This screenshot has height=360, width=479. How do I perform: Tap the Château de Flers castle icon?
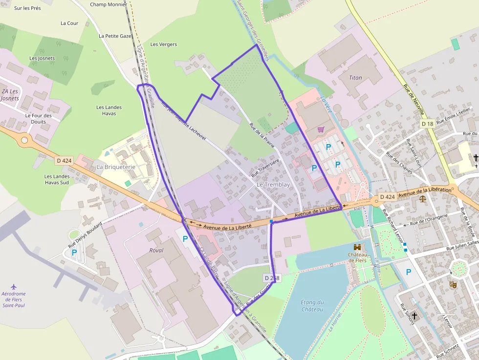pyautogui.click(x=357, y=247)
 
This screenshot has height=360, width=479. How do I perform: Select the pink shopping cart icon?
pyautogui.click(x=321, y=129)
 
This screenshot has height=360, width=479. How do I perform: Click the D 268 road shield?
pyautogui.click(x=272, y=278)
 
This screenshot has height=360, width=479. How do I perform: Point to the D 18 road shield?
pyautogui.click(x=427, y=124)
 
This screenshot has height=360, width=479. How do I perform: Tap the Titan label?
pyautogui.click(x=356, y=78)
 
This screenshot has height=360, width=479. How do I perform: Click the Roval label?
pyautogui.click(x=156, y=250)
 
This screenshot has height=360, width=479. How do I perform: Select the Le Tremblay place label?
pyautogui.click(x=273, y=185)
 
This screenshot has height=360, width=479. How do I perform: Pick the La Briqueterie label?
pyautogui.click(x=116, y=167)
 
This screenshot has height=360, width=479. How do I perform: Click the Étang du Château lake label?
pyautogui.click(x=312, y=305)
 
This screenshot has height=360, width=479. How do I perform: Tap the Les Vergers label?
pyautogui.click(x=163, y=44)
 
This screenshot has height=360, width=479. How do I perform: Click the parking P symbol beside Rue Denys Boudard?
pyautogui.click(x=74, y=253)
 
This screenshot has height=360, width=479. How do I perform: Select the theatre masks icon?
pyautogui.click(x=453, y=284)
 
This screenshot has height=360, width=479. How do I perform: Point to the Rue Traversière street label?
pyautogui.click(x=265, y=167)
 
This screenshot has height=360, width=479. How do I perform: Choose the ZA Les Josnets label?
pyautogui.click(x=10, y=95)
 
